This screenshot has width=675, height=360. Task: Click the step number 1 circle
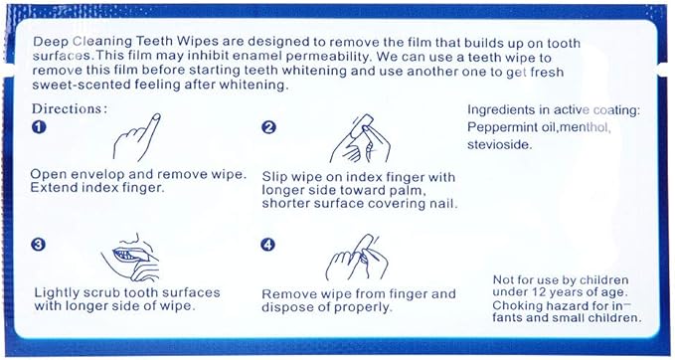tap(39, 128)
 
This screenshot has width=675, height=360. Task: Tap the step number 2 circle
tap(268, 128)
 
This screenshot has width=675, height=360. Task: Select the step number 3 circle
tap(39, 245)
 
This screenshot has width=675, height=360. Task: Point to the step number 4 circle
tap(268, 245)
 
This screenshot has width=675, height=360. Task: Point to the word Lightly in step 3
tap(58, 292)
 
